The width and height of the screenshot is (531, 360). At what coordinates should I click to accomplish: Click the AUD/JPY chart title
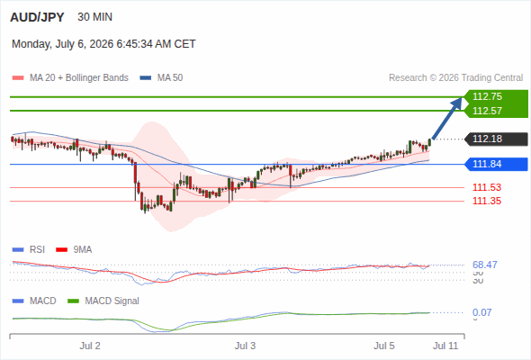37,17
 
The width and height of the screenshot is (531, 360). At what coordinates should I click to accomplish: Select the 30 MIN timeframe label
94,17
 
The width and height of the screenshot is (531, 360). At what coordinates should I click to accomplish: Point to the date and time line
103,44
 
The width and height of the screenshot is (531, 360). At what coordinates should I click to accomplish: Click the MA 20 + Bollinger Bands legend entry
70,78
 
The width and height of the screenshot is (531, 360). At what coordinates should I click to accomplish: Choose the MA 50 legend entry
161,78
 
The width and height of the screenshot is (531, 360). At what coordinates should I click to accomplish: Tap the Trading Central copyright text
455,78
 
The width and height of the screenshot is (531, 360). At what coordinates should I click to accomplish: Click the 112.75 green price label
487,96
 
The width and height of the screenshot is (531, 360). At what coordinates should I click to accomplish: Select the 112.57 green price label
487,111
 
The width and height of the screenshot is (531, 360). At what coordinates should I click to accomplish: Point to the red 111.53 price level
487,187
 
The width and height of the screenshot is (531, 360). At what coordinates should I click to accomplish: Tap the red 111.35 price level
487,201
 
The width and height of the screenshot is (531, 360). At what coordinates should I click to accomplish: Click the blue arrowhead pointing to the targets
457,103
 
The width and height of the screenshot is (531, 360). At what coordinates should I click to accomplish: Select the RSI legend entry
29,249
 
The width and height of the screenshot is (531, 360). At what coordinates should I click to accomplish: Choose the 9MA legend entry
74,249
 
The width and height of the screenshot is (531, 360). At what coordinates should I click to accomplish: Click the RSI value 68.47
485,265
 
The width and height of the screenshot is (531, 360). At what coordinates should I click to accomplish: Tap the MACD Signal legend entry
103,301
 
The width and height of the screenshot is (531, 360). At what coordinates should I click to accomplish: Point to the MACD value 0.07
481,312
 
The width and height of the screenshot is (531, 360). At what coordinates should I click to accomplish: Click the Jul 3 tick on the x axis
245,346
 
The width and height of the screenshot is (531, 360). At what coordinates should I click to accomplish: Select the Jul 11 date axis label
445,346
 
